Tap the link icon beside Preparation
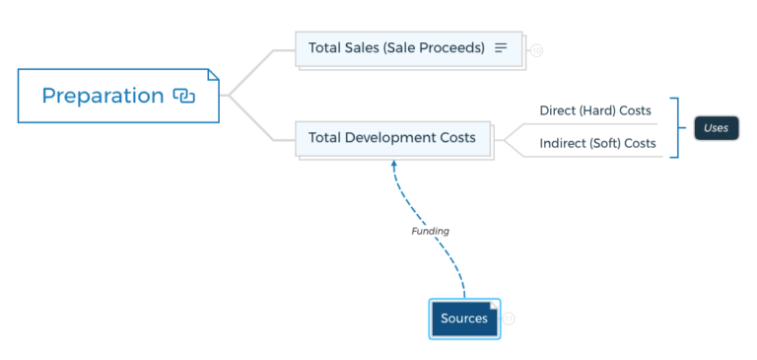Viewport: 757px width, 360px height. pos(184,96)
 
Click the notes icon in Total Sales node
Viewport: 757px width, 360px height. pos(501,47)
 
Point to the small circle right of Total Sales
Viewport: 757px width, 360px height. pos(536,50)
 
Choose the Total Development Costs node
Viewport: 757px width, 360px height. pos(392,138)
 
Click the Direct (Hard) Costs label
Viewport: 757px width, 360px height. pos(595,110)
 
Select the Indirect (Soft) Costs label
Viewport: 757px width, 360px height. pos(597,144)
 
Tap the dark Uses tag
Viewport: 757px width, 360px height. pos(716,127)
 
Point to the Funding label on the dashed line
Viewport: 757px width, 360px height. pos(430,231)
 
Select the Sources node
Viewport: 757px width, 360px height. pos(464,319)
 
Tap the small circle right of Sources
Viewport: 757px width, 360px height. pos(510,319)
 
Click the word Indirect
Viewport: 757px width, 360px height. pos(563,144)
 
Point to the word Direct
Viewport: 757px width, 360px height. pos(558,110)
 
